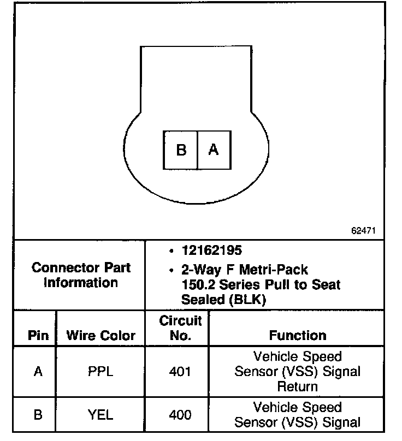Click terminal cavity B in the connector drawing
tap(181, 150)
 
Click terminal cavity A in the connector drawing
tap(214, 150)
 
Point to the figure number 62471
tap(363, 231)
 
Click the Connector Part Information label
tap(81, 275)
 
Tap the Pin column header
tap(38, 336)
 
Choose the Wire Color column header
tap(100, 336)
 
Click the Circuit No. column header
tap(180, 328)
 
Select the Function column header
tap(298, 336)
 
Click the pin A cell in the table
tap(38, 372)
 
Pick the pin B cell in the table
tap(38, 415)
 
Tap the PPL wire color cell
tap(100, 372)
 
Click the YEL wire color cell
tap(100, 415)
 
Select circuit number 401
tap(180, 372)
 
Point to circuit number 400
tap(180, 415)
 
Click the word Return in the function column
tap(298, 386)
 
